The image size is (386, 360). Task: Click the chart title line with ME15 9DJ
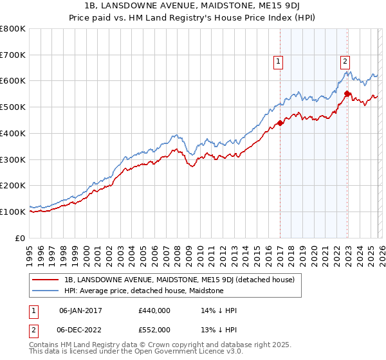tap(193, 6)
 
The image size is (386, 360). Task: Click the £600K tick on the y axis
tap(13, 81)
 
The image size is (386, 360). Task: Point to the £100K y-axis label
tap(13, 212)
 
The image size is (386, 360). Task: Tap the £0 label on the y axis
tap(21, 238)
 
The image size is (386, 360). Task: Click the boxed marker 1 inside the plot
tap(279, 62)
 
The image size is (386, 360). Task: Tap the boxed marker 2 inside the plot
tap(345, 62)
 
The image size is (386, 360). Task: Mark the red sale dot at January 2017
tap(280, 123)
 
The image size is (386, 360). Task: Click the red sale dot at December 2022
tap(347, 94)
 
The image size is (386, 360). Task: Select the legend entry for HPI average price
tap(143, 291)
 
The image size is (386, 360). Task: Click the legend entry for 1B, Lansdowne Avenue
tap(179, 280)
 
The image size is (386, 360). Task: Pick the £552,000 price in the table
tap(154, 329)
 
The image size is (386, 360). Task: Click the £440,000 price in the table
tap(154, 310)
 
